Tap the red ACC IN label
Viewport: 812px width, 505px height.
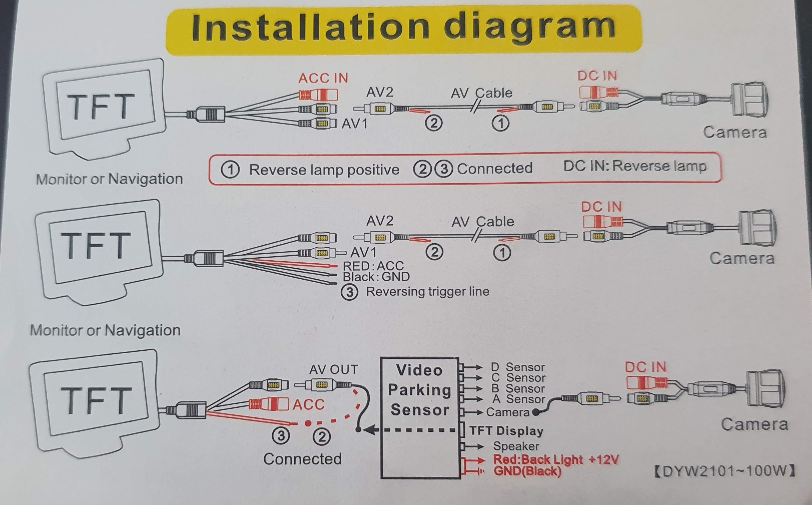click(323, 79)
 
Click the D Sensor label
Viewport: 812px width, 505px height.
click(518, 367)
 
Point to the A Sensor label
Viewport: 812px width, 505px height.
click(518, 399)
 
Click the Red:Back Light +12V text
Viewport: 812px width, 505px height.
click(556, 460)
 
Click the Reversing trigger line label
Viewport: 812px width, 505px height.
click(428, 291)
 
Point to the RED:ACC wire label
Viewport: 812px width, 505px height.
click(373, 266)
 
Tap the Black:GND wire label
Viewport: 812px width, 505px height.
click(376, 277)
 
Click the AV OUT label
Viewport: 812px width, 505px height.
click(333, 369)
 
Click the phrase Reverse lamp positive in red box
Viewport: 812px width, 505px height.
click(324, 170)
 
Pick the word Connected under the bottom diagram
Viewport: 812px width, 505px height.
click(302, 459)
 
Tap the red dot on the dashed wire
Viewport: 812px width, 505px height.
click(308, 424)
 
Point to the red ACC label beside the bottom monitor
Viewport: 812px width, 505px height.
click(308, 404)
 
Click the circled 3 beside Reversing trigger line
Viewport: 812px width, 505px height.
click(349, 292)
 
